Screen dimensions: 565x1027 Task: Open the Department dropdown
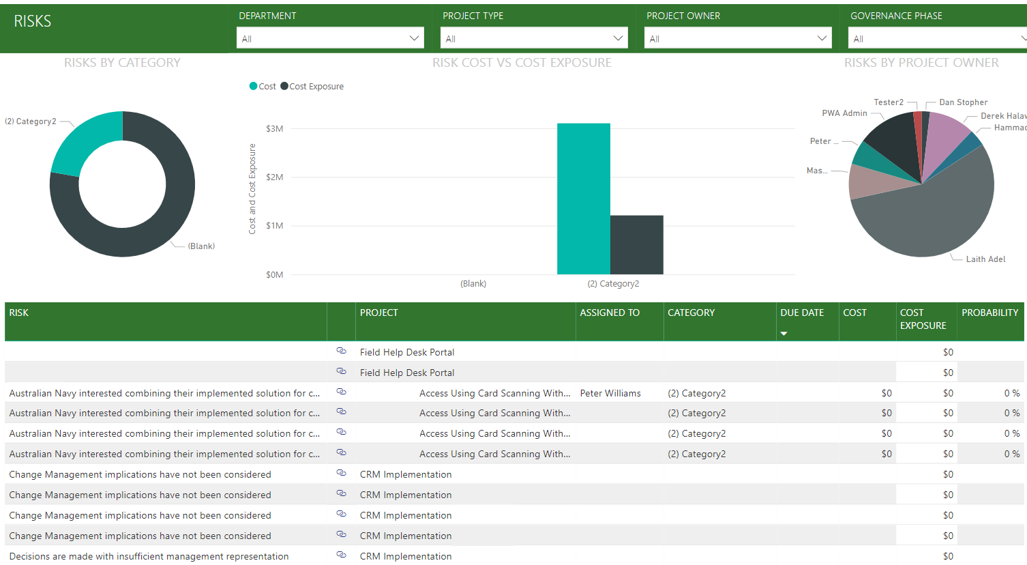point(330,38)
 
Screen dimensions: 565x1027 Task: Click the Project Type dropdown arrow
point(619,38)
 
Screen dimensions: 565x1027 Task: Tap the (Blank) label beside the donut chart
point(201,246)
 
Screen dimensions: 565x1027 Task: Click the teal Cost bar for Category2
point(583,199)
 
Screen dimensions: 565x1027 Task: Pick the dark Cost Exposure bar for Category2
point(636,245)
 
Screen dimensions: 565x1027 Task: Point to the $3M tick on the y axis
point(274,129)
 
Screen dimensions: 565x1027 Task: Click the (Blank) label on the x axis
point(473,284)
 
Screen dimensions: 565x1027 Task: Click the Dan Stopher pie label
point(963,102)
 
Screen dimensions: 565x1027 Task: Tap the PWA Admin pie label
point(844,113)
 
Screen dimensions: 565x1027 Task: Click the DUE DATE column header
point(802,313)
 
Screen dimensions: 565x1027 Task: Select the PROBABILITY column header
point(989,313)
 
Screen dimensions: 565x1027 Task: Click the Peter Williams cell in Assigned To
point(610,393)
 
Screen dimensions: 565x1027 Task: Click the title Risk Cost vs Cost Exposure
point(522,63)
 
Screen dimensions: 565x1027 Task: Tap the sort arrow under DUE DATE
point(784,334)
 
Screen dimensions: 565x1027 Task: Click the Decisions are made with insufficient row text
point(149,556)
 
